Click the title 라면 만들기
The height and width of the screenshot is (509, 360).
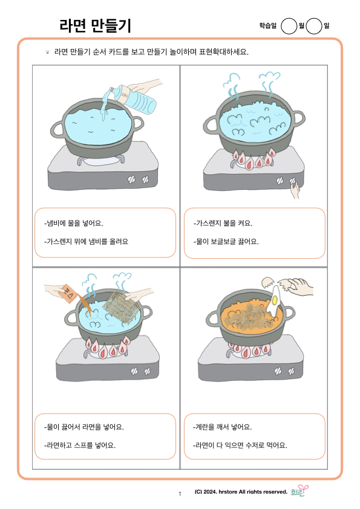pos(95,25)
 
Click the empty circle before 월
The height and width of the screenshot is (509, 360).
pos(289,26)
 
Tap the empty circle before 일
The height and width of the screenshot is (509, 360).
pos(314,26)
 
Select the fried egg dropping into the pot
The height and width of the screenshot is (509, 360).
pos(275,301)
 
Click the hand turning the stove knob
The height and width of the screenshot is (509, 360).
pos(295,190)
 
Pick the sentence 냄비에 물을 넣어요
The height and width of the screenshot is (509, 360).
pos(73,223)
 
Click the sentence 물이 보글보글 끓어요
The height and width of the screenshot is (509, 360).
pos(226,242)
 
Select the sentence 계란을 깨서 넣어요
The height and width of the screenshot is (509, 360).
pos(222,427)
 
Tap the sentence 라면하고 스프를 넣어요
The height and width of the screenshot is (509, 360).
pos(80,445)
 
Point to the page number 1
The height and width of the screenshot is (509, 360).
pos(180,494)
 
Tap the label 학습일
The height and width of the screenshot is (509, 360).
pos(267,25)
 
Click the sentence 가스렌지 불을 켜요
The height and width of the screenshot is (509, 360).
pos(223,223)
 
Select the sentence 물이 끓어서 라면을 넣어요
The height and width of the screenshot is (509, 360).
pos(84,427)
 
